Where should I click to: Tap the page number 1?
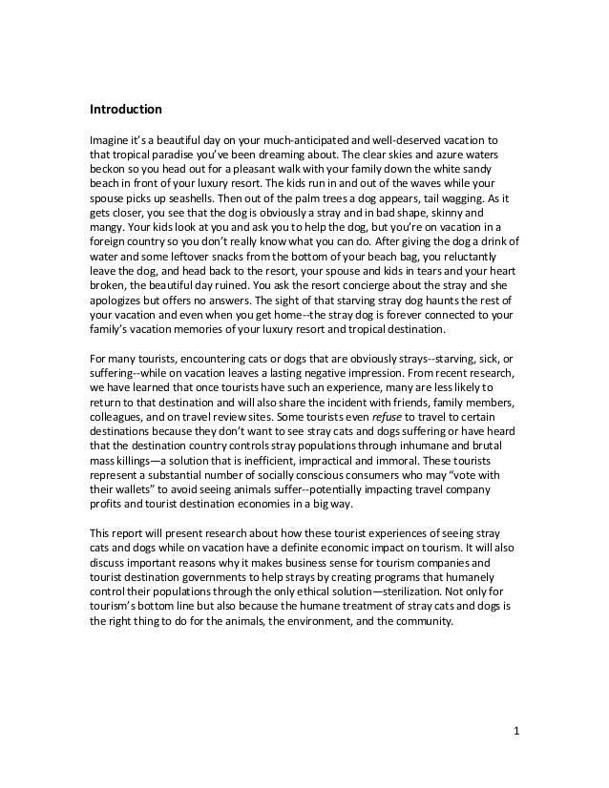[516, 732]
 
